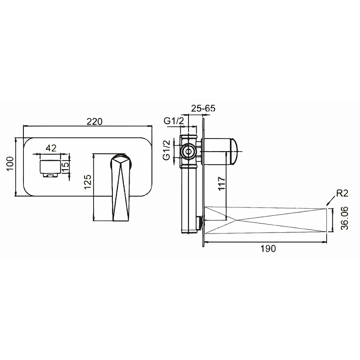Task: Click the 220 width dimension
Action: pyautogui.click(x=94, y=121)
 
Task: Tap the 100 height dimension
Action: pyautogui.click(x=10, y=164)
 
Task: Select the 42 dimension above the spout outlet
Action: pyautogui.click(x=51, y=148)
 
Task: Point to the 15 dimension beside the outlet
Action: pyautogui.click(x=65, y=164)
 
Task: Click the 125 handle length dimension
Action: pyautogui.click(x=88, y=182)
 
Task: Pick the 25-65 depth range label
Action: pyautogui.click(x=203, y=108)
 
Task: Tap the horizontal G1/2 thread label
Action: pyautogui.click(x=174, y=121)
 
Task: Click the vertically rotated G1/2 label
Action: pyautogui.click(x=166, y=150)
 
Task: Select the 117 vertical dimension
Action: pyautogui.click(x=221, y=184)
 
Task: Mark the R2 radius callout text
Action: pyautogui.click(x=342, y=193)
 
